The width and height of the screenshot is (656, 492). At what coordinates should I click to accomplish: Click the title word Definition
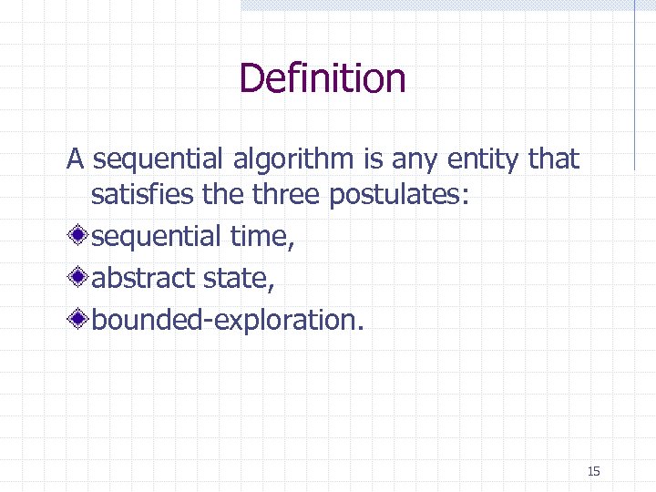(322, 78)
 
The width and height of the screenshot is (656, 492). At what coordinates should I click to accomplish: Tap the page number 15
(594, 471)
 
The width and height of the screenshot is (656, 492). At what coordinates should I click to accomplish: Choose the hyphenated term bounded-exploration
(227, 320)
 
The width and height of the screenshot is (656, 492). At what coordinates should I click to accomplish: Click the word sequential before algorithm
(156, 160)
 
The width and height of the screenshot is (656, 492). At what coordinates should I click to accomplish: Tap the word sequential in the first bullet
(156, 237)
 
